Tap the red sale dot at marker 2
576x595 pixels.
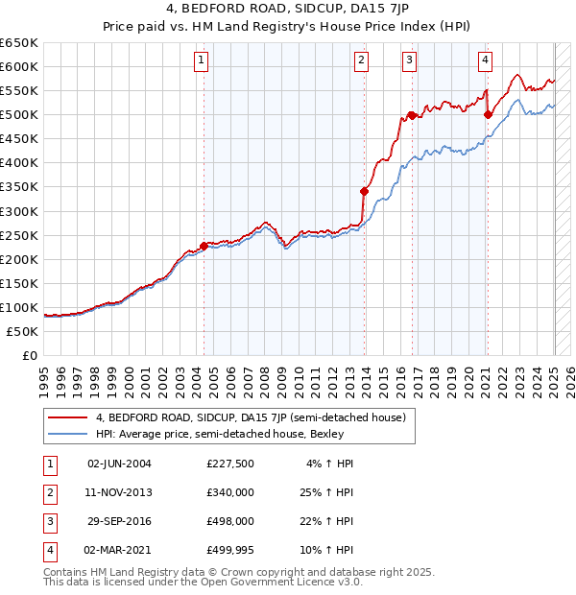365,191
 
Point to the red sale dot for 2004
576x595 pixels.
204,245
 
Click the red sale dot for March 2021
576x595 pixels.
488,114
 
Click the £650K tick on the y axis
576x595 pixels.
19,43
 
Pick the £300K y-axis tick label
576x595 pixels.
19,211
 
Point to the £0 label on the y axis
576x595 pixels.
29,355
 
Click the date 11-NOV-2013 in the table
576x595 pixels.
119,492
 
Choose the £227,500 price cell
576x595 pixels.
229,464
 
